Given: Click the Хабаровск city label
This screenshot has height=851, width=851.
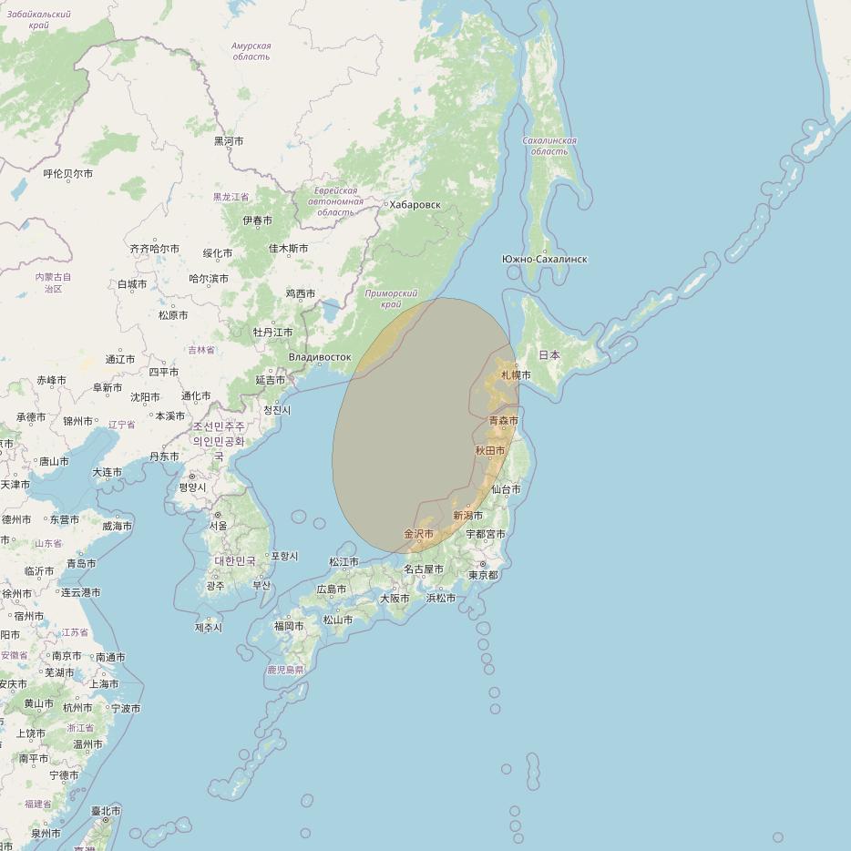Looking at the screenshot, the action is (415, 205).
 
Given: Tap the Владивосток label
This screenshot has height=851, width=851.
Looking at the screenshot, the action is (320, 357).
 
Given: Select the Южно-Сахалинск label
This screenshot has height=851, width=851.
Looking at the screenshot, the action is (544, 260).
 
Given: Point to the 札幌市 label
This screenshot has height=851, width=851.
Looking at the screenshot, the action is (516, 375).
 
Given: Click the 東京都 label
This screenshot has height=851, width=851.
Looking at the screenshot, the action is (483, 575).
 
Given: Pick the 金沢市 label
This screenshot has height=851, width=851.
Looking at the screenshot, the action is (418, 534).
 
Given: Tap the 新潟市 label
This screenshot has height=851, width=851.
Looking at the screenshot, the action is (467, 516).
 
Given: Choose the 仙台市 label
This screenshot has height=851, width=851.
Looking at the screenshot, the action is (506, 489).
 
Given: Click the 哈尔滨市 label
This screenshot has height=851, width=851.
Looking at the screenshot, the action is (209, 279).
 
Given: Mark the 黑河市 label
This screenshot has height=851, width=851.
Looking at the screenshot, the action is (229, 141).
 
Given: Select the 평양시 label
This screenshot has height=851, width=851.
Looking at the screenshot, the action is (192, 487).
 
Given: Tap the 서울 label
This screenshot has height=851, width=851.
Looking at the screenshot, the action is (219, 526).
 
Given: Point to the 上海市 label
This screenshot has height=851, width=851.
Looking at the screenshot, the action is (104, 684).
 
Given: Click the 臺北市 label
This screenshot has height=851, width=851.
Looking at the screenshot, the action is (106, 811).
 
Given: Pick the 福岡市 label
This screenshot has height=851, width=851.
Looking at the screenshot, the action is (289, 626).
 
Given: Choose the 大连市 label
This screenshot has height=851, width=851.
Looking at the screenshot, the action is (107, 472).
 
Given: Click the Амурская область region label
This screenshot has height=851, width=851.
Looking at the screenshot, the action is (251, 51).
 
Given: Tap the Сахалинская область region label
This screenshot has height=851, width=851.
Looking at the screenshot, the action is (549, 146).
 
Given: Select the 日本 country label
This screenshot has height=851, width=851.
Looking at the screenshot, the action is (549, 355).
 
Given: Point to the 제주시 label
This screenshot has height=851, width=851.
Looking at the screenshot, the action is (209, 628).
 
